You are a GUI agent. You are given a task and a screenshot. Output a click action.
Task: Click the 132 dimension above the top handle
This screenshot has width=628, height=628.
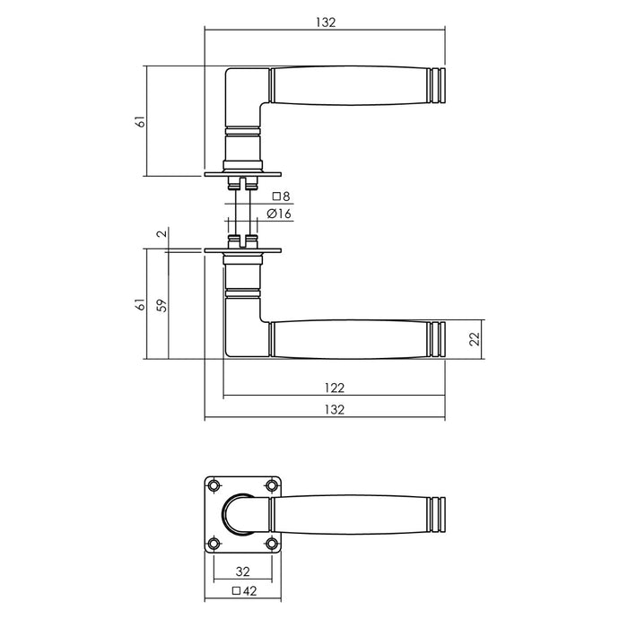coord(326,22)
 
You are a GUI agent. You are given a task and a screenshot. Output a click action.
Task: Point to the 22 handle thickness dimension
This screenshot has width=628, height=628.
coord(475,339)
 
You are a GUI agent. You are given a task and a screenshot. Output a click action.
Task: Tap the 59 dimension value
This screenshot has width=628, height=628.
coord(161,305)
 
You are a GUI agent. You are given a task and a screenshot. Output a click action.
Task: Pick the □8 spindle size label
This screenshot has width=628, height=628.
coord(281,196)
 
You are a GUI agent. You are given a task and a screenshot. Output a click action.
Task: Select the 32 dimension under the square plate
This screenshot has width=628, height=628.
coord(242,571)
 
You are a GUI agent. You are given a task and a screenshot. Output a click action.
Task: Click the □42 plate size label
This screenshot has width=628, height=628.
coord(242,591)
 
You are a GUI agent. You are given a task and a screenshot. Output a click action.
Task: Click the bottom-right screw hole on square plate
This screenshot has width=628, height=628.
coord(271,543)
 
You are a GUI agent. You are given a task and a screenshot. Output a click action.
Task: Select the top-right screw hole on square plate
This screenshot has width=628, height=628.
coord(271,485)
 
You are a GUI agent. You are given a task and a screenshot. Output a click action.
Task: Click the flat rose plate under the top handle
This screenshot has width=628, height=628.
coord(243,175)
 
